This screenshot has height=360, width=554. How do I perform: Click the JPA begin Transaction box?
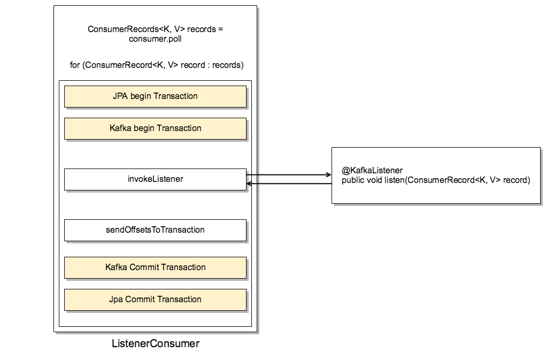155,96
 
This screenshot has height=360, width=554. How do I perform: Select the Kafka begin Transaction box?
155,128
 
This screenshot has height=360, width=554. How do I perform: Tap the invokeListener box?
155,179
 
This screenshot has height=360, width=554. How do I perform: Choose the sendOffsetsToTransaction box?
155,230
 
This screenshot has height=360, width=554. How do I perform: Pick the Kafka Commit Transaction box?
155,267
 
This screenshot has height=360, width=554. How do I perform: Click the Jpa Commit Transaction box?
155,300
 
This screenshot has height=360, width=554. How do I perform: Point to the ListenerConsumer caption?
155,344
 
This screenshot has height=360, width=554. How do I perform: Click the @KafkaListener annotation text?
372,171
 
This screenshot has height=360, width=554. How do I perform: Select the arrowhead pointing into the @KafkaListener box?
328,174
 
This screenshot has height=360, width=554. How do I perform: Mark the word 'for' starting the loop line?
75,65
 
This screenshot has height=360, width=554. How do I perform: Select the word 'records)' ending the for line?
227,65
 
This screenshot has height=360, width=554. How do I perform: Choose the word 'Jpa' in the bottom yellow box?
116,300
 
